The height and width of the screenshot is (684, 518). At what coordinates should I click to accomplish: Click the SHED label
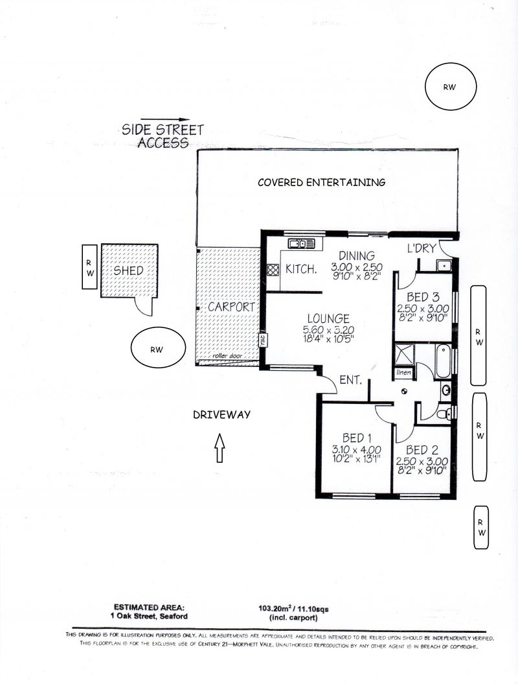click(x=128, y=270)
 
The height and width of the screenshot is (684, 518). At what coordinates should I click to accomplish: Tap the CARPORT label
click(x=231, y=307)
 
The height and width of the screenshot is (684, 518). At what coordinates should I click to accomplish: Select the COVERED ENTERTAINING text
click(x=322, y=182)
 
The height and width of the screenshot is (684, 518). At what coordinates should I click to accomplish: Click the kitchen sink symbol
click(x=301, y=243)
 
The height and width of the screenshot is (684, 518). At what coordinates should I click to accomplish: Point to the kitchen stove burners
click(x=273, y=270)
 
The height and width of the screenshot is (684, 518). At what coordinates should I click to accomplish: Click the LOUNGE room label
click(x=328, y=318)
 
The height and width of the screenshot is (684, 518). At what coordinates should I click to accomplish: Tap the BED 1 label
click(x=357, y=438)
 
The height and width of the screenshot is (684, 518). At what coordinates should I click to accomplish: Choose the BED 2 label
click(x=422, y=450)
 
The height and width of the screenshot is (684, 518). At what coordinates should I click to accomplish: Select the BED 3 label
click(x=423, y=297)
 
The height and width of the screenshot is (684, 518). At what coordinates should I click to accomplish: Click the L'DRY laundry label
click(x=422, y=248)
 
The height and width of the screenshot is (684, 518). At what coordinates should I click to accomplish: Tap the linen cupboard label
click(x=403, y=373)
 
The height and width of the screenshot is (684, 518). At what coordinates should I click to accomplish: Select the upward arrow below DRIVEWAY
click(x=220, y=447)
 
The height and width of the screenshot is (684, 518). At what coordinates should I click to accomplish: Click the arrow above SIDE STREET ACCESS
click(x=166, y=119)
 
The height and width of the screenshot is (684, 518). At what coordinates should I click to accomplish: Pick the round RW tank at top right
click(x=451, y=87)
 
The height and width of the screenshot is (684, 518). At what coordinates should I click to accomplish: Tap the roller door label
click(x=227, y=356)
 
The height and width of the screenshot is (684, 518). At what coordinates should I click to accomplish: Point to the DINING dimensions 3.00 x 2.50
click(x=357, y=267)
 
